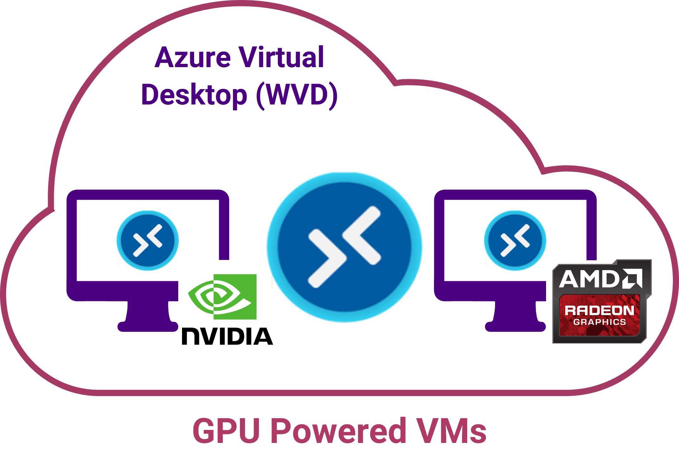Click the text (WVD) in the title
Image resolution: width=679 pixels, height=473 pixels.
[x=297, y=95]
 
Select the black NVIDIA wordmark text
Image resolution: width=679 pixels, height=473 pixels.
[x=227, y=336]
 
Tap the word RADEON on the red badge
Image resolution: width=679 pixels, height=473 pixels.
[x=599, y=310]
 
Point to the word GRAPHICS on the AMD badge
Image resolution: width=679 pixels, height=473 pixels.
[x=600, y=322]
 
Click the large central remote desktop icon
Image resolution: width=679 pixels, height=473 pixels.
[x=344, y=247]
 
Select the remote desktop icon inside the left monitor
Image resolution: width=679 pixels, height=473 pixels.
[x=148, y=240]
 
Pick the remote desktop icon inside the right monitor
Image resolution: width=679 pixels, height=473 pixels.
[x=515, y=240]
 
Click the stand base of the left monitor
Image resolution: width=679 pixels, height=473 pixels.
[x=148, y=326]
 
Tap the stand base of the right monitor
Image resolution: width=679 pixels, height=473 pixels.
[x=515, y=326]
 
